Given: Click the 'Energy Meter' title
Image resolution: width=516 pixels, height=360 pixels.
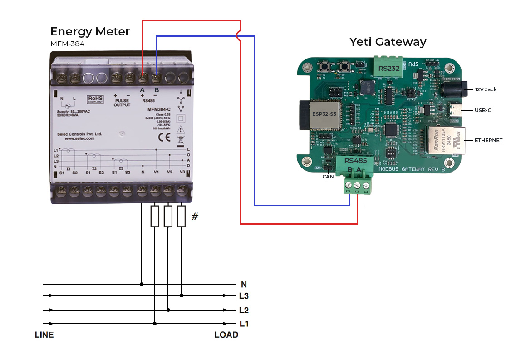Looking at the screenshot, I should pos(90,31).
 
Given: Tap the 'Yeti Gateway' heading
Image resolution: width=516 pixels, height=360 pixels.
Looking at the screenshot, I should pos(388,42).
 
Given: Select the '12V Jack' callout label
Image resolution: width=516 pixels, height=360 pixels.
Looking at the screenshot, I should pos(485,89).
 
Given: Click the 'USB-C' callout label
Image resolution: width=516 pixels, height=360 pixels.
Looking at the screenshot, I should pos(483,110).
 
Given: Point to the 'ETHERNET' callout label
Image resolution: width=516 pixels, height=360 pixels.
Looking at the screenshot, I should pos(488,140).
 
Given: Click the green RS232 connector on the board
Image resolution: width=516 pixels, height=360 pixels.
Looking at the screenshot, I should pos(389,68).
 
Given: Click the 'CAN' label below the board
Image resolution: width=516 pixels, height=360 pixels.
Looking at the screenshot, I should pos(328,177).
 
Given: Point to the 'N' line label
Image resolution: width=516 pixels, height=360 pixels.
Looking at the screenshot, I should pos(244,285).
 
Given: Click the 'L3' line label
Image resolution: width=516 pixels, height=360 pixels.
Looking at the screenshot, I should pos(244,296).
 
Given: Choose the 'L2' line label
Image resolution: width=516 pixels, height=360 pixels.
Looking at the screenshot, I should pos(244,311).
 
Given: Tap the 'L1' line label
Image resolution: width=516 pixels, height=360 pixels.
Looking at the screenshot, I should pos(244,324).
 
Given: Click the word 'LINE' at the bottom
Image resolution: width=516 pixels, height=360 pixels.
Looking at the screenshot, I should pos(44,335).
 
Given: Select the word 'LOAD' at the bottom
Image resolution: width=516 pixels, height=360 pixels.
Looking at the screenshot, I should pos(226,335).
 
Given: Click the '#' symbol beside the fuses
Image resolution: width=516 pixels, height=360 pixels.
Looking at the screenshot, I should pos(195,216).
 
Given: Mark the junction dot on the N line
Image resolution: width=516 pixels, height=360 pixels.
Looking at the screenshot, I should pos(142,284).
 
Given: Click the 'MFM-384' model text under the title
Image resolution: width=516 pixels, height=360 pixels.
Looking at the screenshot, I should pos(67,44).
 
